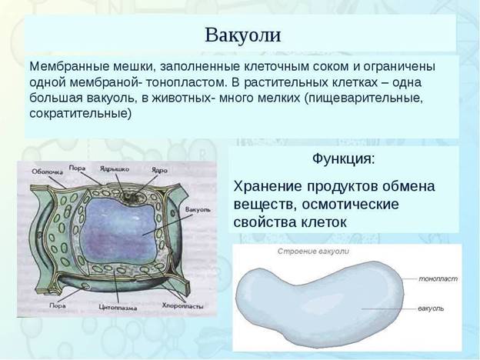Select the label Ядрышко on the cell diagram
115,168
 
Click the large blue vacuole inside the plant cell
119,231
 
